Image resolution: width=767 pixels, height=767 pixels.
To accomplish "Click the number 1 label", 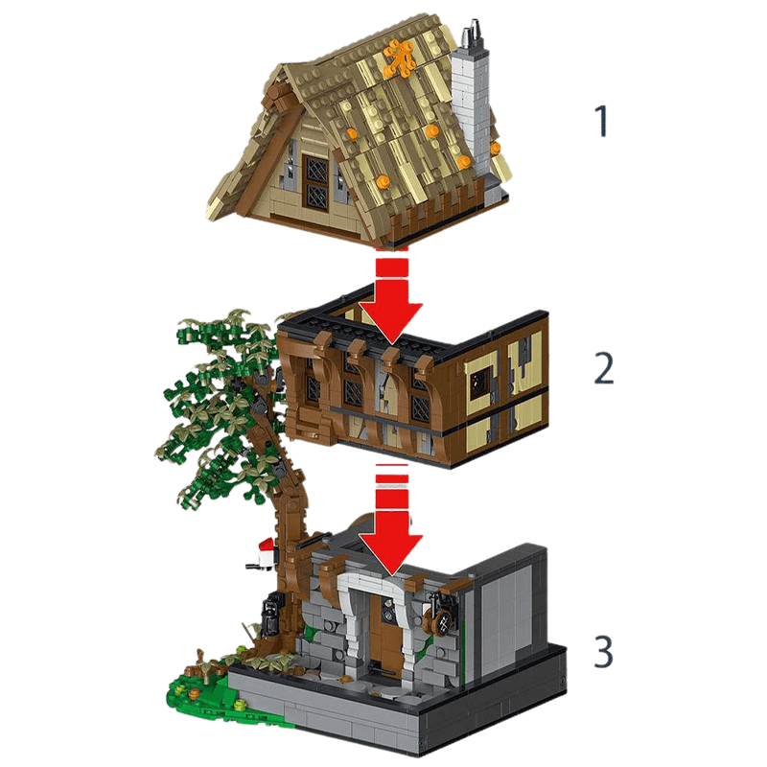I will [602, 122].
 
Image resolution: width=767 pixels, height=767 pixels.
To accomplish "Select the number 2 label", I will [602, 368].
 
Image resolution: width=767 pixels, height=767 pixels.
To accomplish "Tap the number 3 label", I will [602, 651].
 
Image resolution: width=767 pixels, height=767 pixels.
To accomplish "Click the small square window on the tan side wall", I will [478, 383].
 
